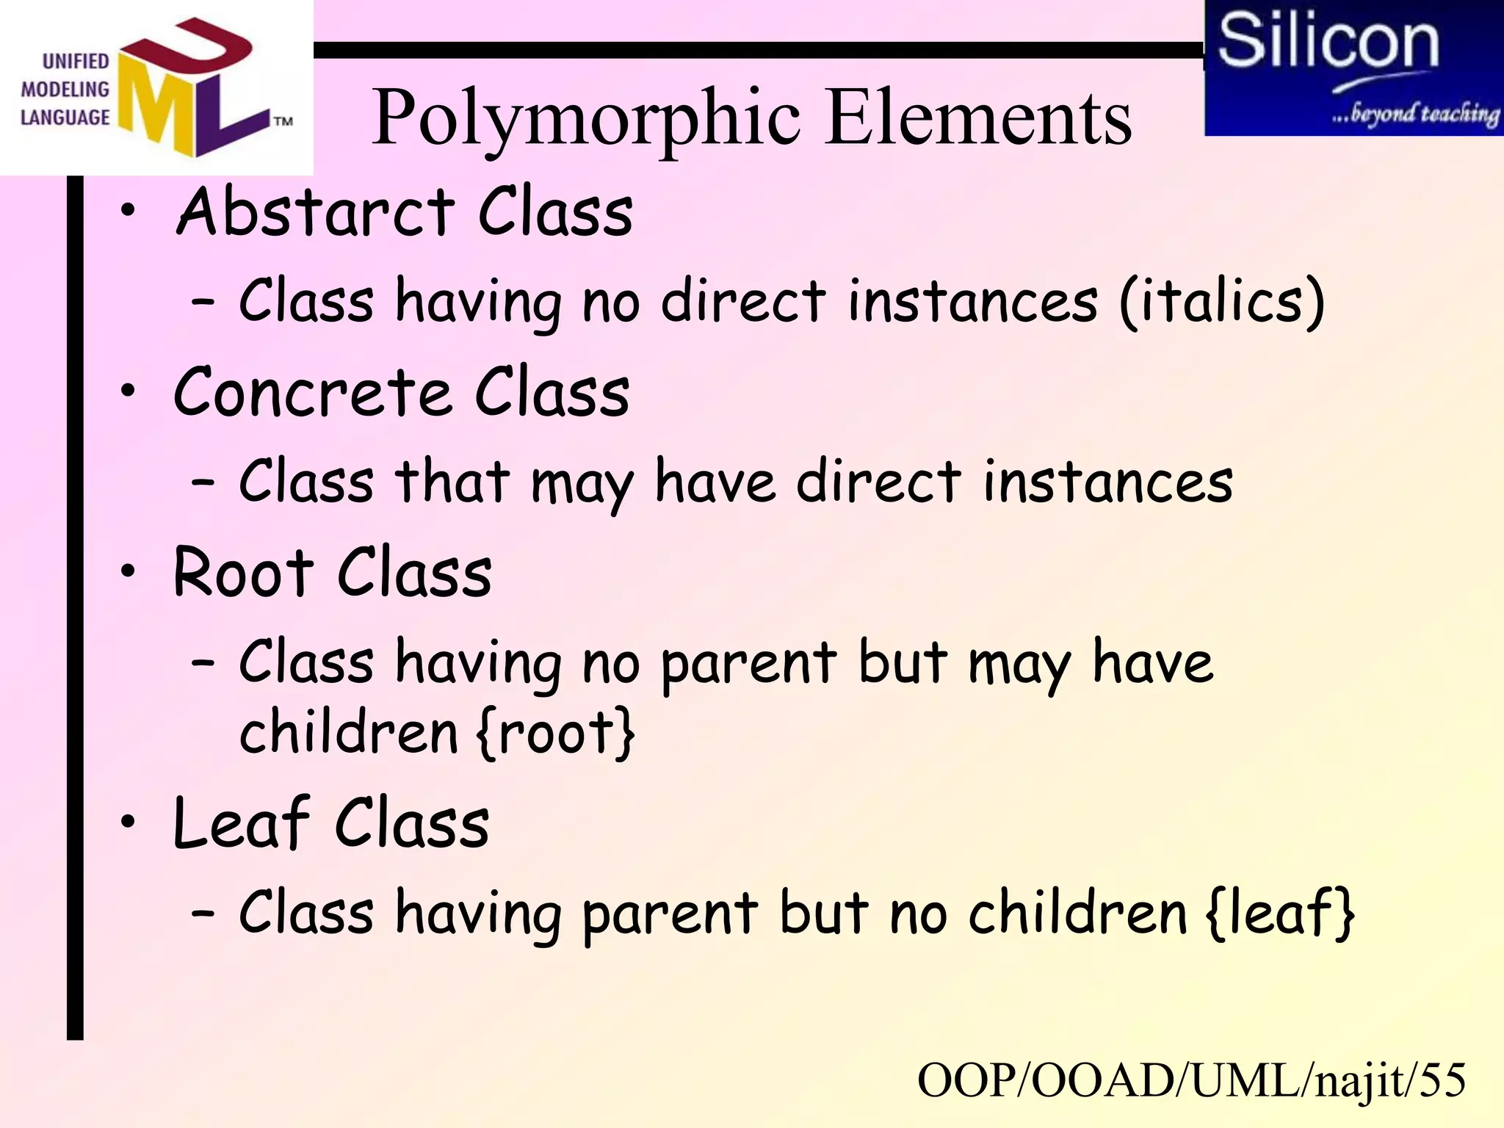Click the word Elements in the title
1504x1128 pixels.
tap(978, 117)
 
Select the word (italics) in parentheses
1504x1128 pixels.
tap(1222, 301)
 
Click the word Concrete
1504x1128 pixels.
tap(312, 393)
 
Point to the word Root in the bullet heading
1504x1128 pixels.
tap(243, 573)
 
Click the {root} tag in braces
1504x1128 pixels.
tap(555, 732)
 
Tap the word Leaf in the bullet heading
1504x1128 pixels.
tap(242, 824)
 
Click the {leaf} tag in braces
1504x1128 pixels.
tap(1280, 913)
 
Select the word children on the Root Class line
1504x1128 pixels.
tap(349, 732)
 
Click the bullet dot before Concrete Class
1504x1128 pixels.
tap(129, 391)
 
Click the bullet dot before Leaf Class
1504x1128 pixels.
tap(129, 822)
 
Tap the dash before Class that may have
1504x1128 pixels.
tap(203, 482)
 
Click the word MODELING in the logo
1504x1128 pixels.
tap(65, 90)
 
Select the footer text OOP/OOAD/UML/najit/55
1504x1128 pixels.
tap(1191, 1080)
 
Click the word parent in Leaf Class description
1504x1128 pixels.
tap(669, 914)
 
